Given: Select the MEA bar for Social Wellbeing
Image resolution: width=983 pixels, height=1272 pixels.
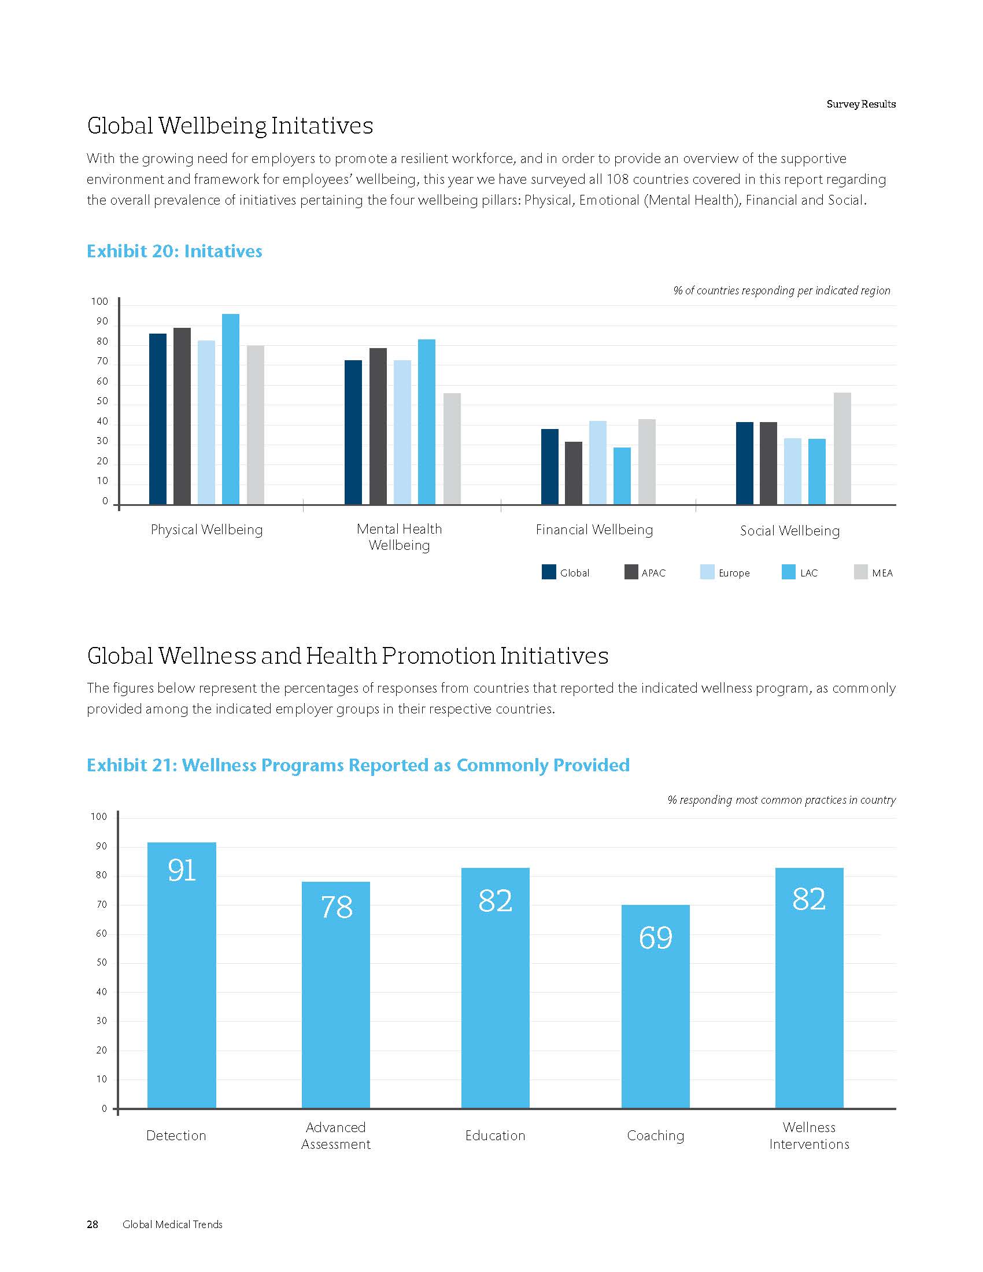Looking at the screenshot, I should [842, 449].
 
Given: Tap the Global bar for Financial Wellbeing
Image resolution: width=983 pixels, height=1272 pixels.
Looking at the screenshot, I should [550, 467].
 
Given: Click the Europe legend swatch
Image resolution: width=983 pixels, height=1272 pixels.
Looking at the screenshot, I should [707, 572].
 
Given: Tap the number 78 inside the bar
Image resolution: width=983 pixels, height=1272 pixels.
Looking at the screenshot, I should [337, 907].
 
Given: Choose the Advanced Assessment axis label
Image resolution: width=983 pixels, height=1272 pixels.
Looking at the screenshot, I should [335, 1135].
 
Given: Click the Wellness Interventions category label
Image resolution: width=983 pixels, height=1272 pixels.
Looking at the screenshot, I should [809, 1135].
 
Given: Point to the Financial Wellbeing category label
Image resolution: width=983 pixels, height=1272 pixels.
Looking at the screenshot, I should [594, 530].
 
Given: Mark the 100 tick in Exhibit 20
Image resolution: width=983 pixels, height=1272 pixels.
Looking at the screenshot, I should [99, 301].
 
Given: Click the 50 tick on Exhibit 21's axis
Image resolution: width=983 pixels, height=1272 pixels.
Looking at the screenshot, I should [101, 962].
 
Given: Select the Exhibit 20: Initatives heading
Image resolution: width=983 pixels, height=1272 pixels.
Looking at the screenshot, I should [174, 251].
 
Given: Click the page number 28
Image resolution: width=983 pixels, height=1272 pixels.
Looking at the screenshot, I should [93, 1224].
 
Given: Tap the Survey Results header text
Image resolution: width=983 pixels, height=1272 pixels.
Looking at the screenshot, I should [861, 104].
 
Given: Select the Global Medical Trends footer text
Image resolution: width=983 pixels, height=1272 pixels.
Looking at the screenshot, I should [172, 1224].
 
